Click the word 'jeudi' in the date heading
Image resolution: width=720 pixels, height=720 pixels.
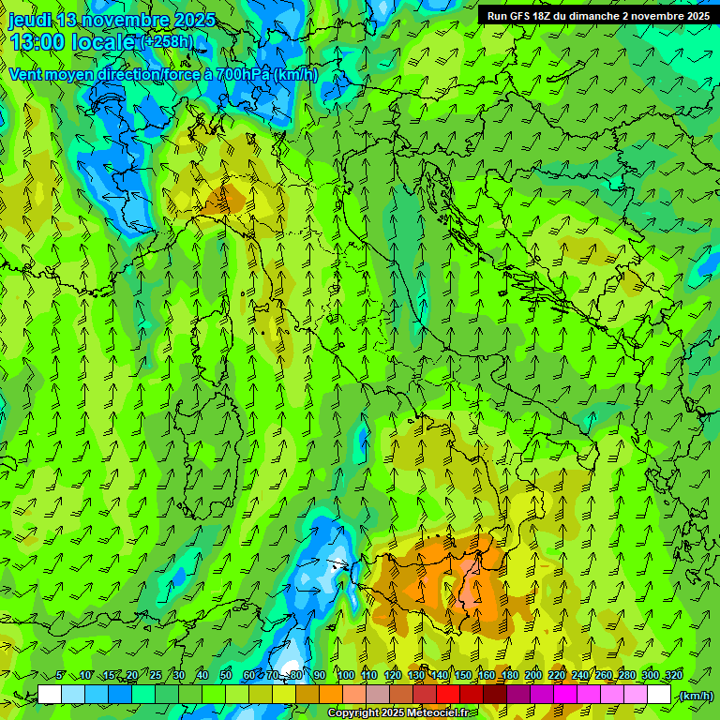tap(30, 20)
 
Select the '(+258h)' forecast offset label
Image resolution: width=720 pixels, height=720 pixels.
tap(166, 41)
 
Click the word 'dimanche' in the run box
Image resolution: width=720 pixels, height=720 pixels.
tap(596, 16)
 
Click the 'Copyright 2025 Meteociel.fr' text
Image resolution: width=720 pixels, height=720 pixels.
tap(397, 713)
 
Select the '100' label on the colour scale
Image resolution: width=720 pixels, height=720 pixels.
tap(345, 676)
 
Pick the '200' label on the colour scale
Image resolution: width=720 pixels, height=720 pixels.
tap(533, 676)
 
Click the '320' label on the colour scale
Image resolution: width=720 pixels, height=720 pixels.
tap(673, 676)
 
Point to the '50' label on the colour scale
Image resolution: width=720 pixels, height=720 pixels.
tap(225, 676)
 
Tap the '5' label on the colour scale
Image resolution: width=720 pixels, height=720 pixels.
tap(61, 676)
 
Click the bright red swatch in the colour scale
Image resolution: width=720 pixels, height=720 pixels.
tap(448, 695)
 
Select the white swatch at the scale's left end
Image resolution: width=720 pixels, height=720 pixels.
tap(50, 695)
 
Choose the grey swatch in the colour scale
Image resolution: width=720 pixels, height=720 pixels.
tap(378, 695)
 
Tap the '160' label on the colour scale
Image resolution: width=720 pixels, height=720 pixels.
tap(486, 676)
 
